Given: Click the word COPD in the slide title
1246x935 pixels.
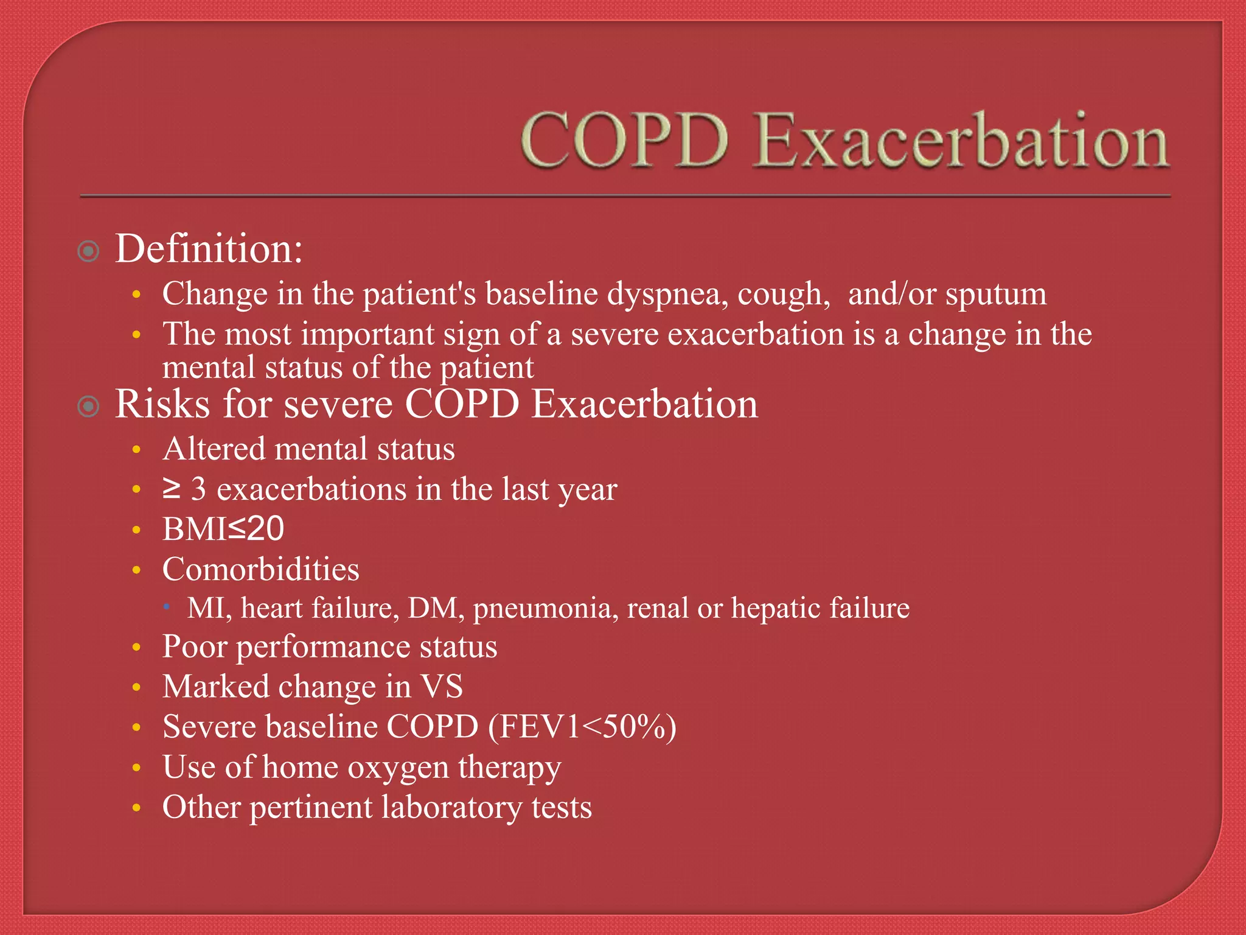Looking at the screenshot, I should pos(624,141).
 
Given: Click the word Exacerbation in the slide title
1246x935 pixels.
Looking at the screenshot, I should pos(961,141).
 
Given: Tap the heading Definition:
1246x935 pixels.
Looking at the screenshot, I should pos(209,250).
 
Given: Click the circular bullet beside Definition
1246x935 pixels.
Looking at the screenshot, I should pos(89,251).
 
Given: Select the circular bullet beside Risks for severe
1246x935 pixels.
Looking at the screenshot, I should pos(89,406).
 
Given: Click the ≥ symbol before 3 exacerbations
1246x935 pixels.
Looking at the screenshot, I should pos(172,488).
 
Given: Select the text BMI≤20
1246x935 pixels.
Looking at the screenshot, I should pos(223,528).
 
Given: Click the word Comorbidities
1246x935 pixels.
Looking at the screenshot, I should pos(260,569).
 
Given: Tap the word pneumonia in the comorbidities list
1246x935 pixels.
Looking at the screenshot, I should pos(542,608).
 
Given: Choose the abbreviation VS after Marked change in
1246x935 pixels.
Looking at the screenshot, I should pos(442,687).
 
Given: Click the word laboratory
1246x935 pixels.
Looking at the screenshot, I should pos(451,808).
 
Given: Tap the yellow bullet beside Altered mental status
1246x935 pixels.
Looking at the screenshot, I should pos(137,450).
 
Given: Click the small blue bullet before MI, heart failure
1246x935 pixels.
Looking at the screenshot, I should pos(167,606).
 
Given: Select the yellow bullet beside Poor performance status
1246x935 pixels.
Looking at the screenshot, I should pos(137,647).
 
